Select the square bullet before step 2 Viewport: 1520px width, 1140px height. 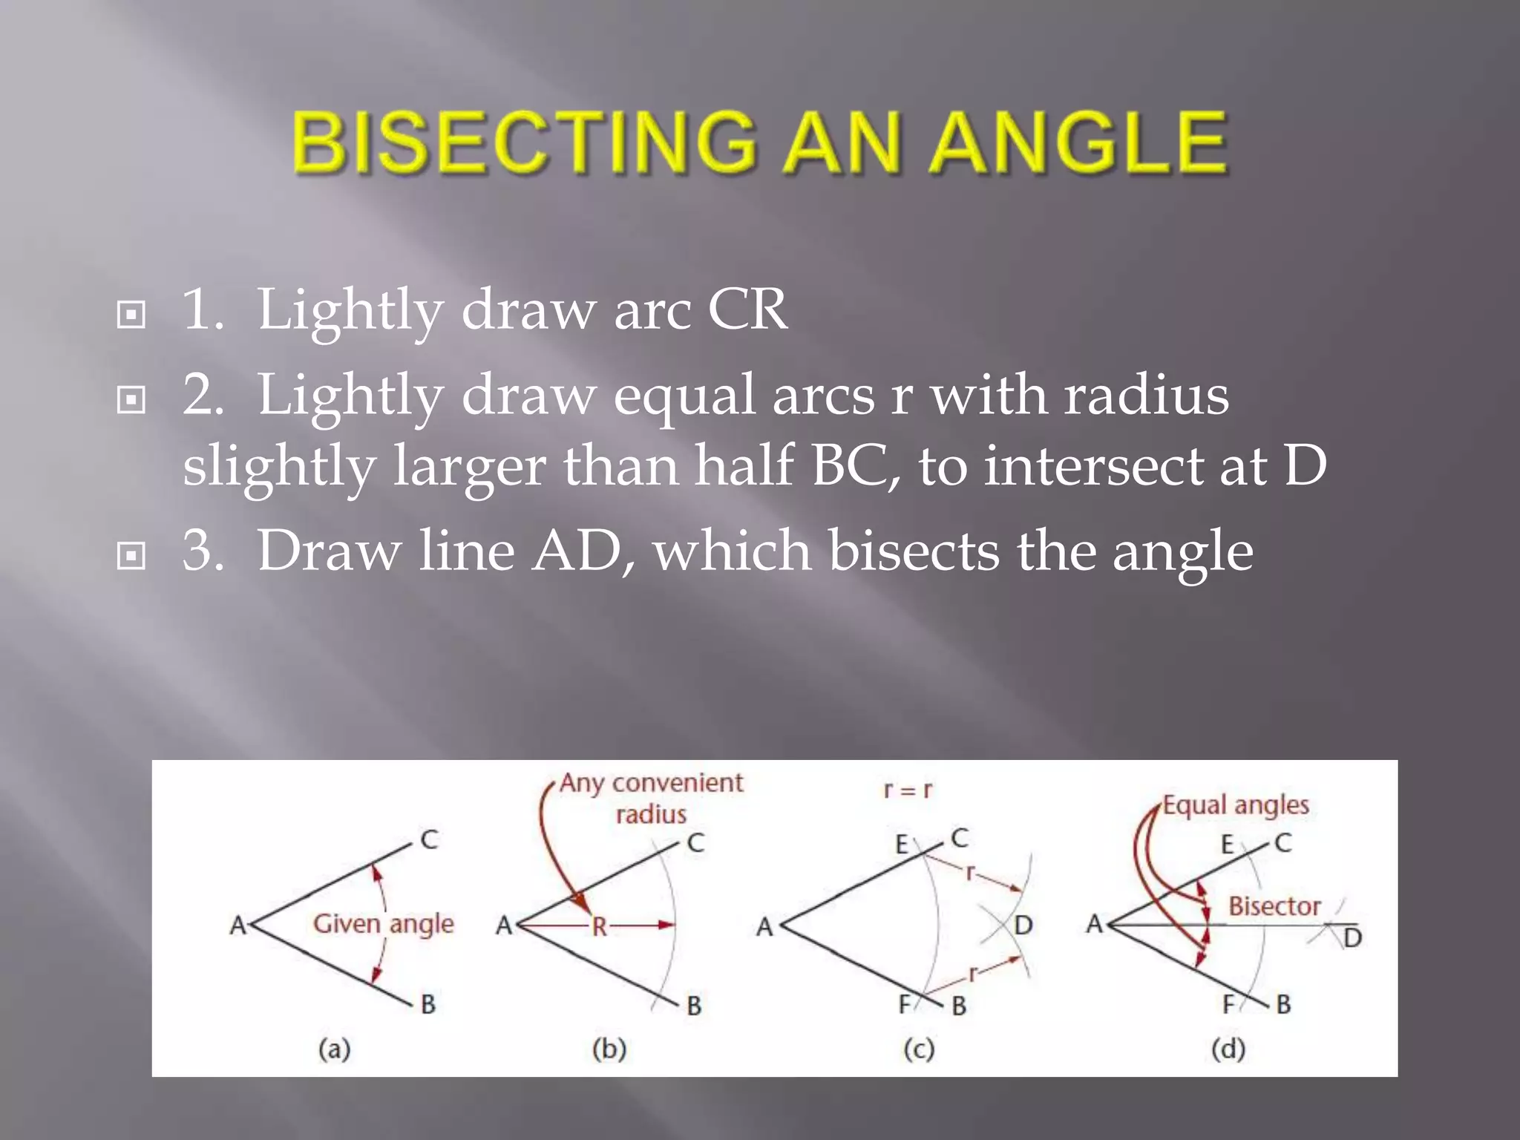click(131, 401)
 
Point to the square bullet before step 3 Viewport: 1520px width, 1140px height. click(131, 556)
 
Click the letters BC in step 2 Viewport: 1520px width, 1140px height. click(854, 466)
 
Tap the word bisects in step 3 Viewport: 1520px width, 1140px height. click(914, 551)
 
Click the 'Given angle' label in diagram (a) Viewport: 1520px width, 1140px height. click(383, 924)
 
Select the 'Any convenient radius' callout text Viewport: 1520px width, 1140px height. click(651, 798)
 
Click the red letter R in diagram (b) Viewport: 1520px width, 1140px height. click(599, 927)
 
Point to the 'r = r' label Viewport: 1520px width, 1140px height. click(907, 790)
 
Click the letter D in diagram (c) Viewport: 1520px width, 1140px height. click(1023, 926)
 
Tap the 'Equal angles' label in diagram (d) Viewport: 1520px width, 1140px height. click(1235, 805)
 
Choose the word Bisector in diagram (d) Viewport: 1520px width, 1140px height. click(1274, 906)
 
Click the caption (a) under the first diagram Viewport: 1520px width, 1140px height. click(334, 1049)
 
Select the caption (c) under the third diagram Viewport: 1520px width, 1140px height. click(919, 1049)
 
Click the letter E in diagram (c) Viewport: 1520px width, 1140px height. click(902, 845)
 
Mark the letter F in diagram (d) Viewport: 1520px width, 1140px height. click(1228, 1004)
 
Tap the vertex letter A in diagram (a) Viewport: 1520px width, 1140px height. click(237, 926)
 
